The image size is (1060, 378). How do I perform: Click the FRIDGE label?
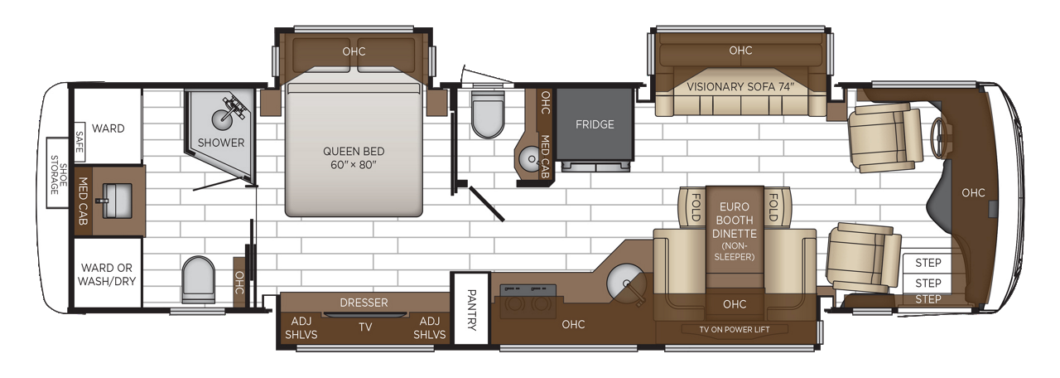(595, 125)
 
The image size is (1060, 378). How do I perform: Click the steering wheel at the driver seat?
(938, 139)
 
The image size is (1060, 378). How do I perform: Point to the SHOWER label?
(221, 143)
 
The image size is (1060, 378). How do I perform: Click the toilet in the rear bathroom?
(197, 279)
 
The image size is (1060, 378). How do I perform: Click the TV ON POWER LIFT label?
(734, 328)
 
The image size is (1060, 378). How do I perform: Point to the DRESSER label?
(364, 303)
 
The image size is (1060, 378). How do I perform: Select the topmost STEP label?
(928, 263)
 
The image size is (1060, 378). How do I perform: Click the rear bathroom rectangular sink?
(112, 198)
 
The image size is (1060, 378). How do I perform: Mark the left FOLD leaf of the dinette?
(693, 202)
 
